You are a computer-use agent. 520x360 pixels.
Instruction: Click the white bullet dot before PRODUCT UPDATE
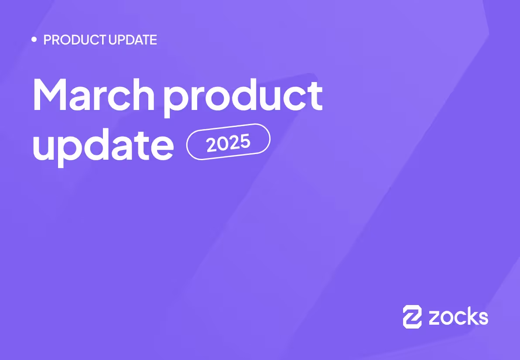(x=34, y=40)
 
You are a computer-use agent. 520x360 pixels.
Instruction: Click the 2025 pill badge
(x=228, y=142)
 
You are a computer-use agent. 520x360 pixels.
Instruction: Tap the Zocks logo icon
(x=412, y=316)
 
